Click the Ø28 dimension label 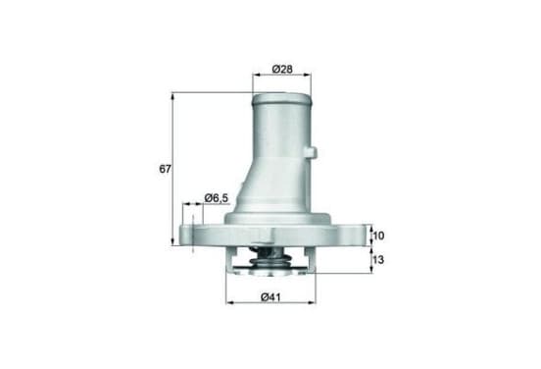click(282, 69)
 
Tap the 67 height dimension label click(165, 169)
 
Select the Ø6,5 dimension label click(217, 198)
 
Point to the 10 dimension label click(378, 236)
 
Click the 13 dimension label click(378, 259)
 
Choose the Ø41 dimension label click(270, 296)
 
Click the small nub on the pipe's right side click(313, 151)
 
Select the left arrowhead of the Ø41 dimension click(229, 302)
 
